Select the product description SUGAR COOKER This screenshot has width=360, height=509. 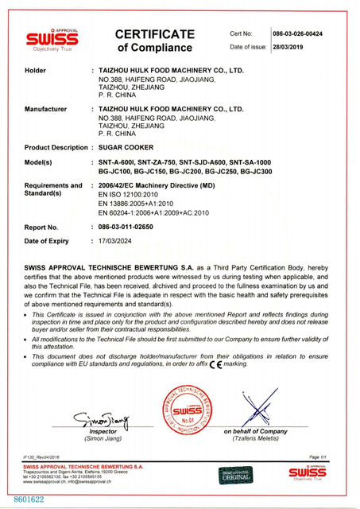(x=126, y=148)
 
